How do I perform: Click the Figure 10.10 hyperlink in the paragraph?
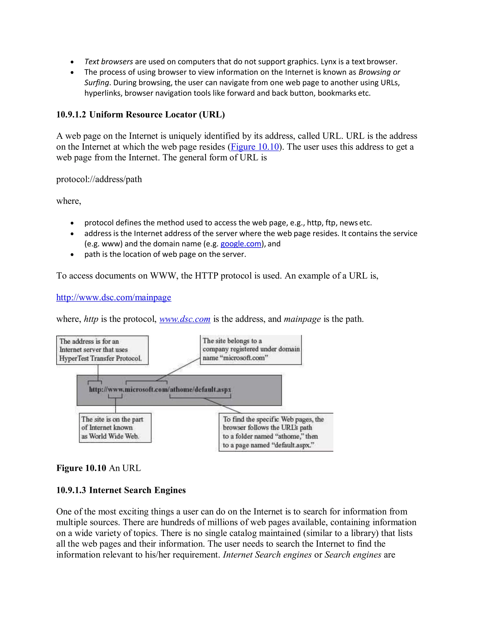[255, 147]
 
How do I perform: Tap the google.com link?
[241, 244]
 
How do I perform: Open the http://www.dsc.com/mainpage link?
[114, 297]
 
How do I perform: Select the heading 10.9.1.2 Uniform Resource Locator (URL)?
[141, 115]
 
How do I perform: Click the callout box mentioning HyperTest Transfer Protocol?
[102, 350]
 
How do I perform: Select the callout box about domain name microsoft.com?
[251, 350]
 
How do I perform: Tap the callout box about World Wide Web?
[115, 427]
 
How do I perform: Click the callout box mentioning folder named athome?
[276, 432]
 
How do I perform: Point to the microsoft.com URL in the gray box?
[160, 389]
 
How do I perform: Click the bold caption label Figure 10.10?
[81, 468]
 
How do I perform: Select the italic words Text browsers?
[109, 62]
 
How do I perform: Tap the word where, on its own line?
[69, 201]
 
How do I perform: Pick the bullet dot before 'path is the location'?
[72, 255]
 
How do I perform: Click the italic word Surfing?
[97, 83]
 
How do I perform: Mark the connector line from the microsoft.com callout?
[178, 369]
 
